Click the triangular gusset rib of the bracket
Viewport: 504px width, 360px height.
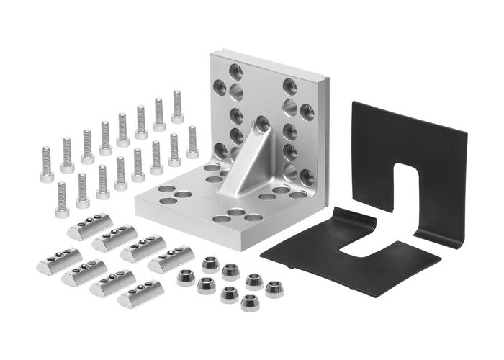click(248, 162)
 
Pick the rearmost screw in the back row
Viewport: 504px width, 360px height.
click(177, 107)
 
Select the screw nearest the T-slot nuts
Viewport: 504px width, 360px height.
click(62, 197)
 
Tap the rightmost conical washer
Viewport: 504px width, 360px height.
click(274, 289)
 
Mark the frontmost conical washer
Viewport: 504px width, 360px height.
click(250, 303)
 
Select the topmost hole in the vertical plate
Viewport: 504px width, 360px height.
click(235, 71)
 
